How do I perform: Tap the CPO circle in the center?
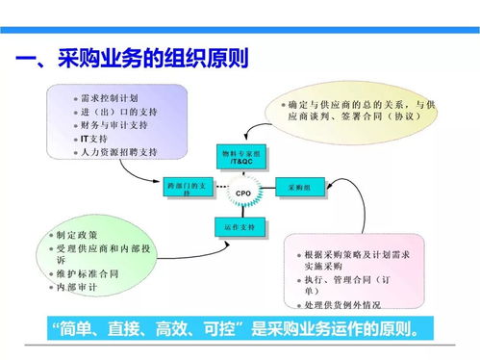242,193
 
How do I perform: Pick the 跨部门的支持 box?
186,188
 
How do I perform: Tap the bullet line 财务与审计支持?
115,125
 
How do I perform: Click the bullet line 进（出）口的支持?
119,112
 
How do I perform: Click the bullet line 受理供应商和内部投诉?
101,247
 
